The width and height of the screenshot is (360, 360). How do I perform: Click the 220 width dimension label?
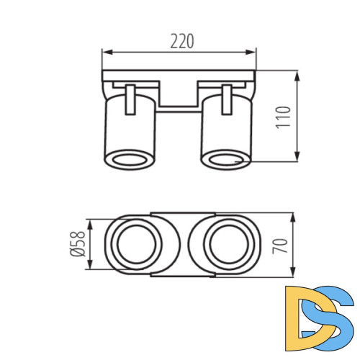click(181, 42)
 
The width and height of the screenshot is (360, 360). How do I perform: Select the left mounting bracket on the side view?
click(130, 99)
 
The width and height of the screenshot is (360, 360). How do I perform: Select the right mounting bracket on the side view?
click(227, 99)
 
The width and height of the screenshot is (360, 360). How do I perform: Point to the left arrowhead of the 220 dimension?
click(105, 51)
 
